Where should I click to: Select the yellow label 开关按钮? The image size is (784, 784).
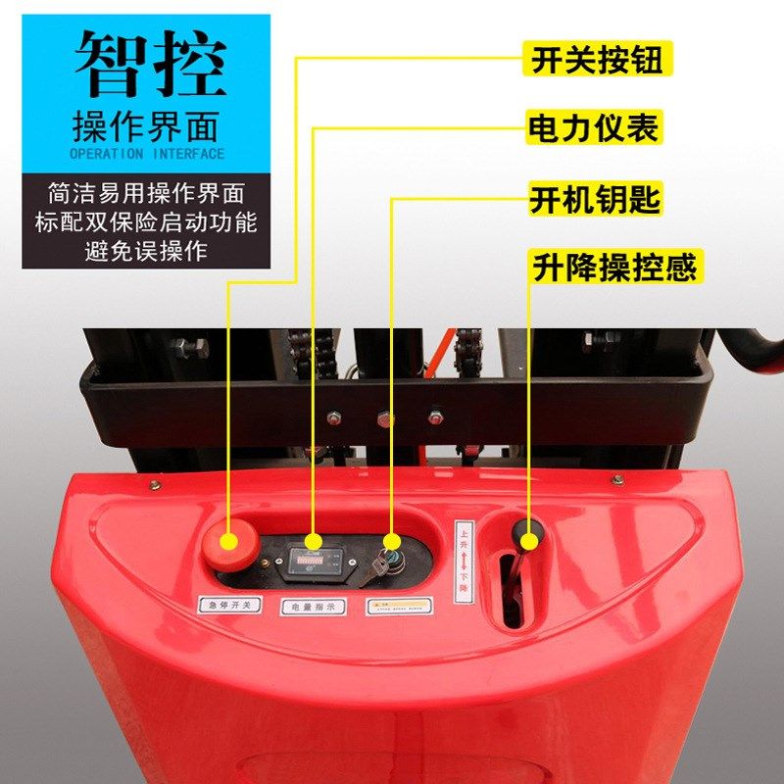[x=597, y=61]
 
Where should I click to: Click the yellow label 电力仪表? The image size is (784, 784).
[x=594, y=128]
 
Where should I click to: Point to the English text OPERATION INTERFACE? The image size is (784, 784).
[x=147, y=154]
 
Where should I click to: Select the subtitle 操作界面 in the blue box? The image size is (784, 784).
[x=147, y=125]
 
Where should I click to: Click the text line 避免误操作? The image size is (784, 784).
[x=146, y=251]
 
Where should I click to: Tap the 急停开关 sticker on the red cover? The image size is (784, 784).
[x=230, y=606]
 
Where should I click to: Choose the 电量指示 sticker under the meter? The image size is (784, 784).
[x=314, y=607]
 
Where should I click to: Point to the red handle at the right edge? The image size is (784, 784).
[x=755, y=348]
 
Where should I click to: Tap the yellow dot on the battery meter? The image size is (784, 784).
[x=314, y=542]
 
